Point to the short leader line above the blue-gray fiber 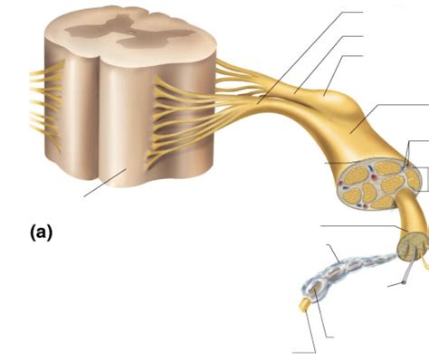pyautogui.click(x=332, y=249)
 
